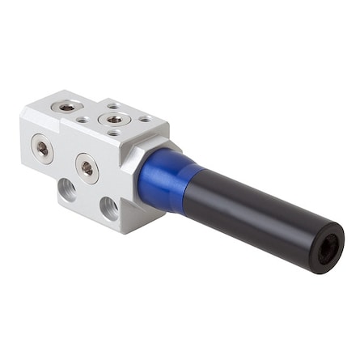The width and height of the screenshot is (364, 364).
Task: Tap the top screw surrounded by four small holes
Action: tap(114, 119)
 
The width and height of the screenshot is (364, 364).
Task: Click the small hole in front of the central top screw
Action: tap(114, 133)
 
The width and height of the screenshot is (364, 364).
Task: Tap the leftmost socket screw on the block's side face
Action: tap(41, 148)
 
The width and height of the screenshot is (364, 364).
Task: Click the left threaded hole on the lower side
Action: tap(66, 190)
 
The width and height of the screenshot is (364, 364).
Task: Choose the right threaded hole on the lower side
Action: tap(109, 209)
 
